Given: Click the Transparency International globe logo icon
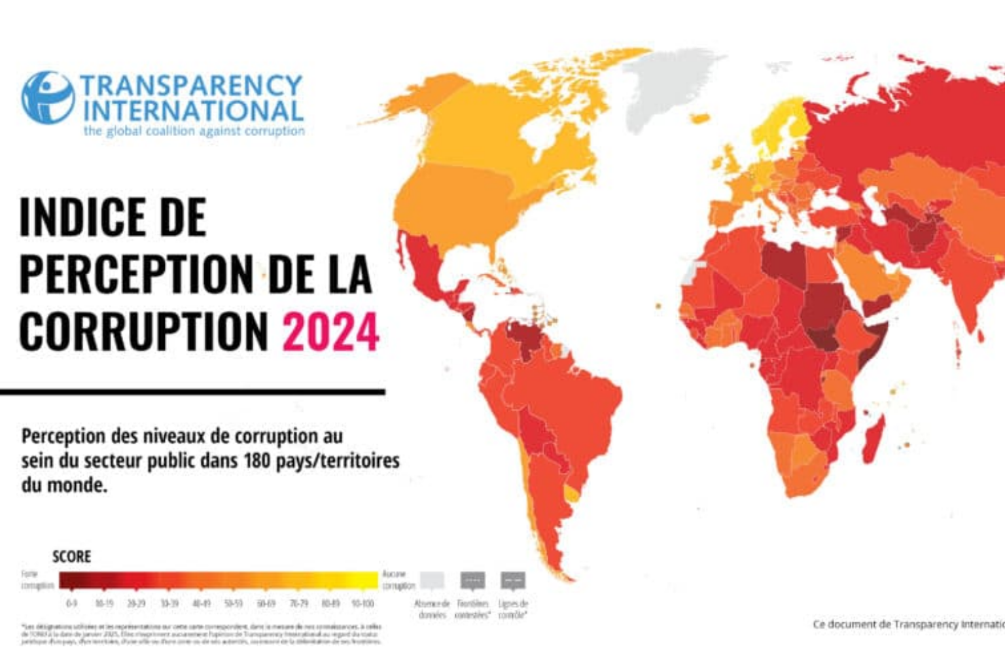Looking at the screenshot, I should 47,98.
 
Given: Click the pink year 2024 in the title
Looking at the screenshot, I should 330,332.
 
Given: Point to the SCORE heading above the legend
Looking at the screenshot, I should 71,557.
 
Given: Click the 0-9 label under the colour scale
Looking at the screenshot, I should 71,603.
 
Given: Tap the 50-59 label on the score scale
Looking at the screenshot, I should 233,603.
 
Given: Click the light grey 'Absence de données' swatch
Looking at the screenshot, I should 432,580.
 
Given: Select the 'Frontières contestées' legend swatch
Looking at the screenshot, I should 472,580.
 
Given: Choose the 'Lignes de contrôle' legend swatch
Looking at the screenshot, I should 513,580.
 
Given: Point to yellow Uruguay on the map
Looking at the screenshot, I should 572,494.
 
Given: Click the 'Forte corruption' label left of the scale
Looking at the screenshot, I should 37,580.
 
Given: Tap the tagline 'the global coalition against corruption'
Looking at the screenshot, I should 194,131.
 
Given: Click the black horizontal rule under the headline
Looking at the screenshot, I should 192,392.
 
